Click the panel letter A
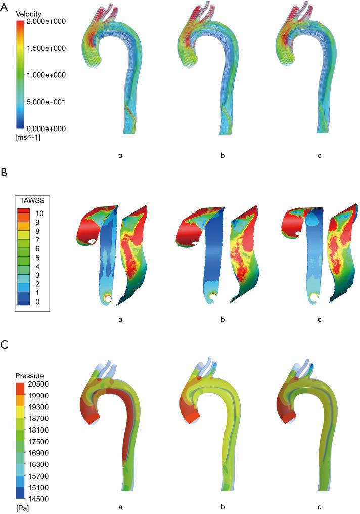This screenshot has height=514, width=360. pyautogui.click(x=4, y=7)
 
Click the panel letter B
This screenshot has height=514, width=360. pyautogui.click(x=4, y=173)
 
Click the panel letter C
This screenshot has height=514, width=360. pyautogui.click(x=4, y=345)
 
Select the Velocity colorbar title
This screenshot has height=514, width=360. pyautogui.click(x=28, y=14)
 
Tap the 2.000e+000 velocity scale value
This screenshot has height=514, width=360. pyautogui.click(x=46, y=22)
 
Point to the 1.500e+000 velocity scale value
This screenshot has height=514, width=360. pyautogui.click(x=46, y=48)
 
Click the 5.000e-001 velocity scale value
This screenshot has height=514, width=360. pyautogui.click(x=46, y=102)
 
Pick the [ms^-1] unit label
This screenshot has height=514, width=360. pyautogui.click(x=28, y=138)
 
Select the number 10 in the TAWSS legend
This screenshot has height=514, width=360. pyautogui.click(x=39, y=213)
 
